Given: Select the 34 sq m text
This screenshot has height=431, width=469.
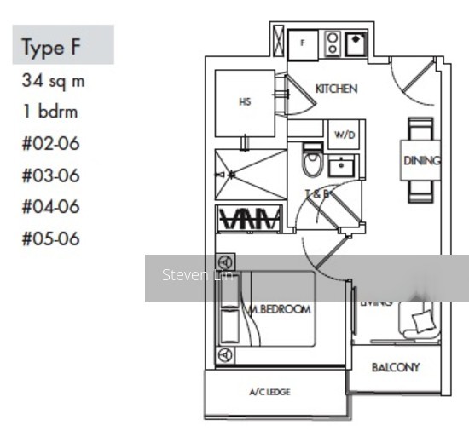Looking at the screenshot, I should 54,82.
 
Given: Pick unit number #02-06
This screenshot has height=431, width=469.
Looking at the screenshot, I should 50,142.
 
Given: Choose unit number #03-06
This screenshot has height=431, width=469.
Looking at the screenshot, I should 50,175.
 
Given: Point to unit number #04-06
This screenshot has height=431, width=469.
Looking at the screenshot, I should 50,206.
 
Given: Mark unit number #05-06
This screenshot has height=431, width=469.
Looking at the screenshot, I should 50,238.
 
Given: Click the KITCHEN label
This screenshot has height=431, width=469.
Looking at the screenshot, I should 336,89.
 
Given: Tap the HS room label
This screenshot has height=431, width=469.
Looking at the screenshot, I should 245,102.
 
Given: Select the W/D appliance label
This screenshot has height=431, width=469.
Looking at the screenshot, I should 344,135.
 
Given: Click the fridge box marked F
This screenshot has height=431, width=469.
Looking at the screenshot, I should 302,43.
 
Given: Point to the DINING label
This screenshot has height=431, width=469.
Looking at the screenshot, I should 421,160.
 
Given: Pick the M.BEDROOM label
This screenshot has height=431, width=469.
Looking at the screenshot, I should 280,309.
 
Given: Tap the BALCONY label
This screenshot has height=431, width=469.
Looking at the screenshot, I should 395,368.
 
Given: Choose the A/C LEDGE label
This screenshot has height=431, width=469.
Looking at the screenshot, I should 269,392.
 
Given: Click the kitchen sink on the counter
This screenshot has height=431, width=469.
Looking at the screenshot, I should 355,43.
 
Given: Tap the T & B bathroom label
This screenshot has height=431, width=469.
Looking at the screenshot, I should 318,194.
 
